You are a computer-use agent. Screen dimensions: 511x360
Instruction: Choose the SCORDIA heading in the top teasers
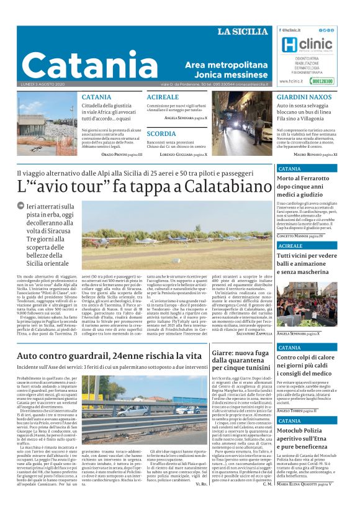point(161,133)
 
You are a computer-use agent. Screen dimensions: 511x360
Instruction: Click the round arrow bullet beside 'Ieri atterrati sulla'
point(22,206)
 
